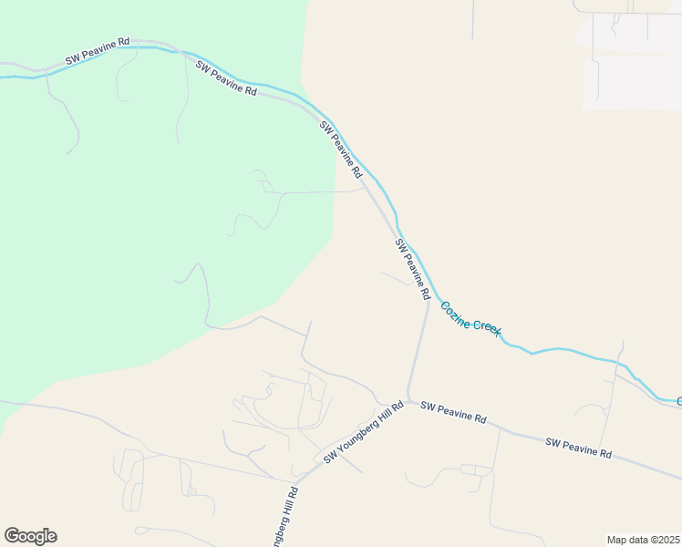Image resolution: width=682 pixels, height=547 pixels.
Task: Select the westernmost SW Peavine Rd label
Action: (97, 52)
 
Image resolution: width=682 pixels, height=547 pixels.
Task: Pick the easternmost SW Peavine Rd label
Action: (578, 448)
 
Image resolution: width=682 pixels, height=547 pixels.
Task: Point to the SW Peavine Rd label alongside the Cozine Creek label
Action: (412, 270)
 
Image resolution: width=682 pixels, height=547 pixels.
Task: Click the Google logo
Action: (30, 536)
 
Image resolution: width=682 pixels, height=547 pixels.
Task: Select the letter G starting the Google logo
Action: (12, 536)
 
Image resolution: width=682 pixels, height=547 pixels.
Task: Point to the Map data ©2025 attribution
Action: (643, 540)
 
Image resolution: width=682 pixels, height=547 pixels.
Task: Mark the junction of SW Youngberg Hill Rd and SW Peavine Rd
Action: (408, 401)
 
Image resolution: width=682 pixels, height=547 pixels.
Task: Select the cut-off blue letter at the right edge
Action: (678, 401)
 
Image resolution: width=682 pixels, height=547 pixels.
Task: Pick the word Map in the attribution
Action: (617, 540)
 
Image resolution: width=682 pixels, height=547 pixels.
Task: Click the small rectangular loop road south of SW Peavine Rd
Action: (475, 470)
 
